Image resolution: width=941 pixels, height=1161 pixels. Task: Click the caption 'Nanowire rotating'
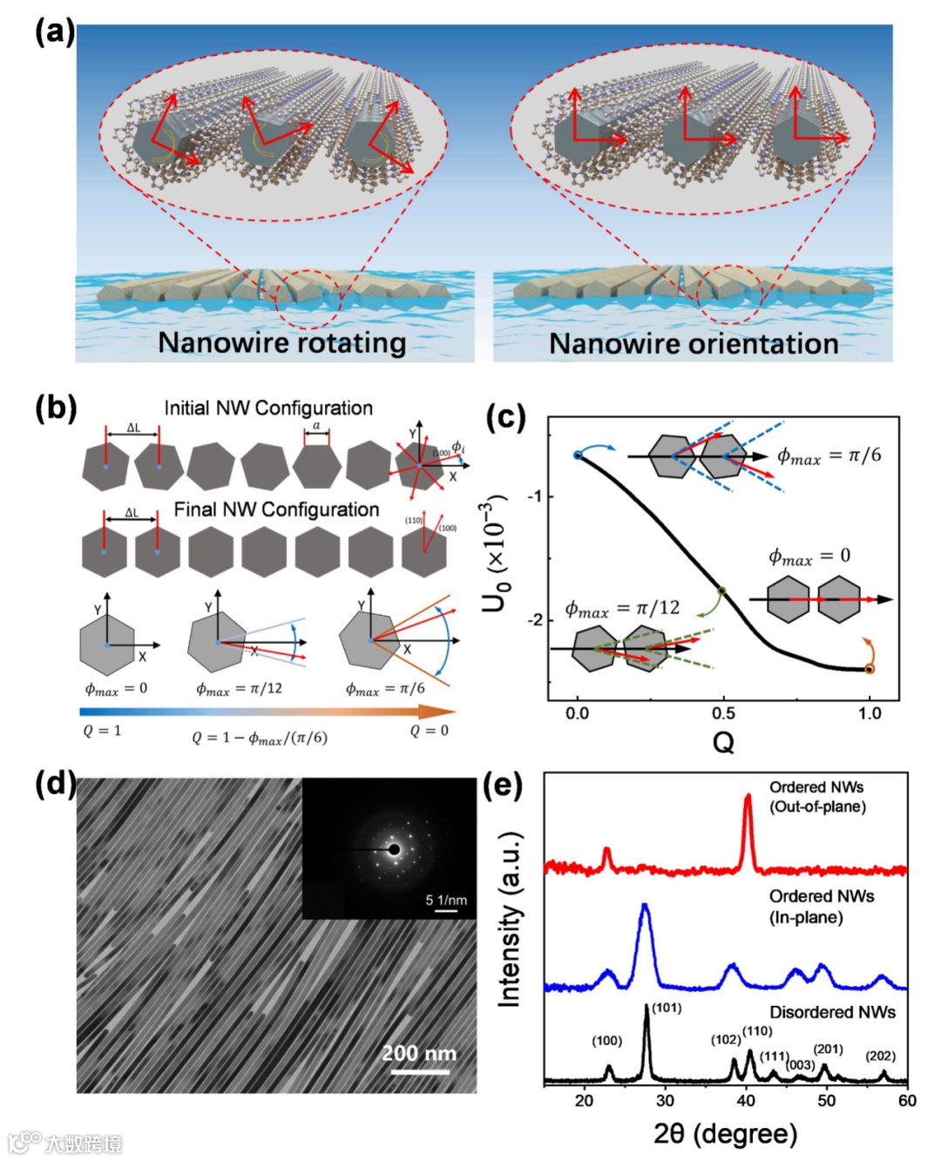click(x=281, y=342)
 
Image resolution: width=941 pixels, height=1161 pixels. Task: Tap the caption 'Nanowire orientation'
click(x=694, y=343)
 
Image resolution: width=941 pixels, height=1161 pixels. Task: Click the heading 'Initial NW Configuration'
click(x=268, y=408)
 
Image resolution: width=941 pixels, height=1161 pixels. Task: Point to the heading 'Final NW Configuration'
click(x=276, y=510)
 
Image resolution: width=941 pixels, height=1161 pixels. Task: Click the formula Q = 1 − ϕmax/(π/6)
click(x=260, y=738)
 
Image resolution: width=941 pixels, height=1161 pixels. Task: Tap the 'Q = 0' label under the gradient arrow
click(x=429, y=731)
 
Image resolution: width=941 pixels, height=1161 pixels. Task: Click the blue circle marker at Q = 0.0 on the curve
click(x=578, y=456)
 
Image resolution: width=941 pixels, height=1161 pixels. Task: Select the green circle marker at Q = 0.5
click(x=721, y=591)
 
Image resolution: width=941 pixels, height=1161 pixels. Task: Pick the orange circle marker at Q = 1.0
click(x=869, y=669)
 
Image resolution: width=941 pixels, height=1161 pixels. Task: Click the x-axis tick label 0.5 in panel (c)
click(x=723, y=713)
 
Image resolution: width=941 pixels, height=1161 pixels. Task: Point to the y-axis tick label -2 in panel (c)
click(x=533, y=619)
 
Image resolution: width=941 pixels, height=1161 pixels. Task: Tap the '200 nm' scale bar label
click(x=419, y=1053)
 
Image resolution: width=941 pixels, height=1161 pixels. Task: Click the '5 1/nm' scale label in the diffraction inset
click(x=446, y=899)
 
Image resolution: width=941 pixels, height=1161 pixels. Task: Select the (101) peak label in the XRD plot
click(x=667, y=1008)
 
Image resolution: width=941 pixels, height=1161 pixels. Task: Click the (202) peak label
click(x=880, y=1056)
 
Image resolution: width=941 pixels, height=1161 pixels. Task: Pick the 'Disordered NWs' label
click(x=832, y=1012)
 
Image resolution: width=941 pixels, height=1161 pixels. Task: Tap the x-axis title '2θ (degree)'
click(x=725, y=1133)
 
